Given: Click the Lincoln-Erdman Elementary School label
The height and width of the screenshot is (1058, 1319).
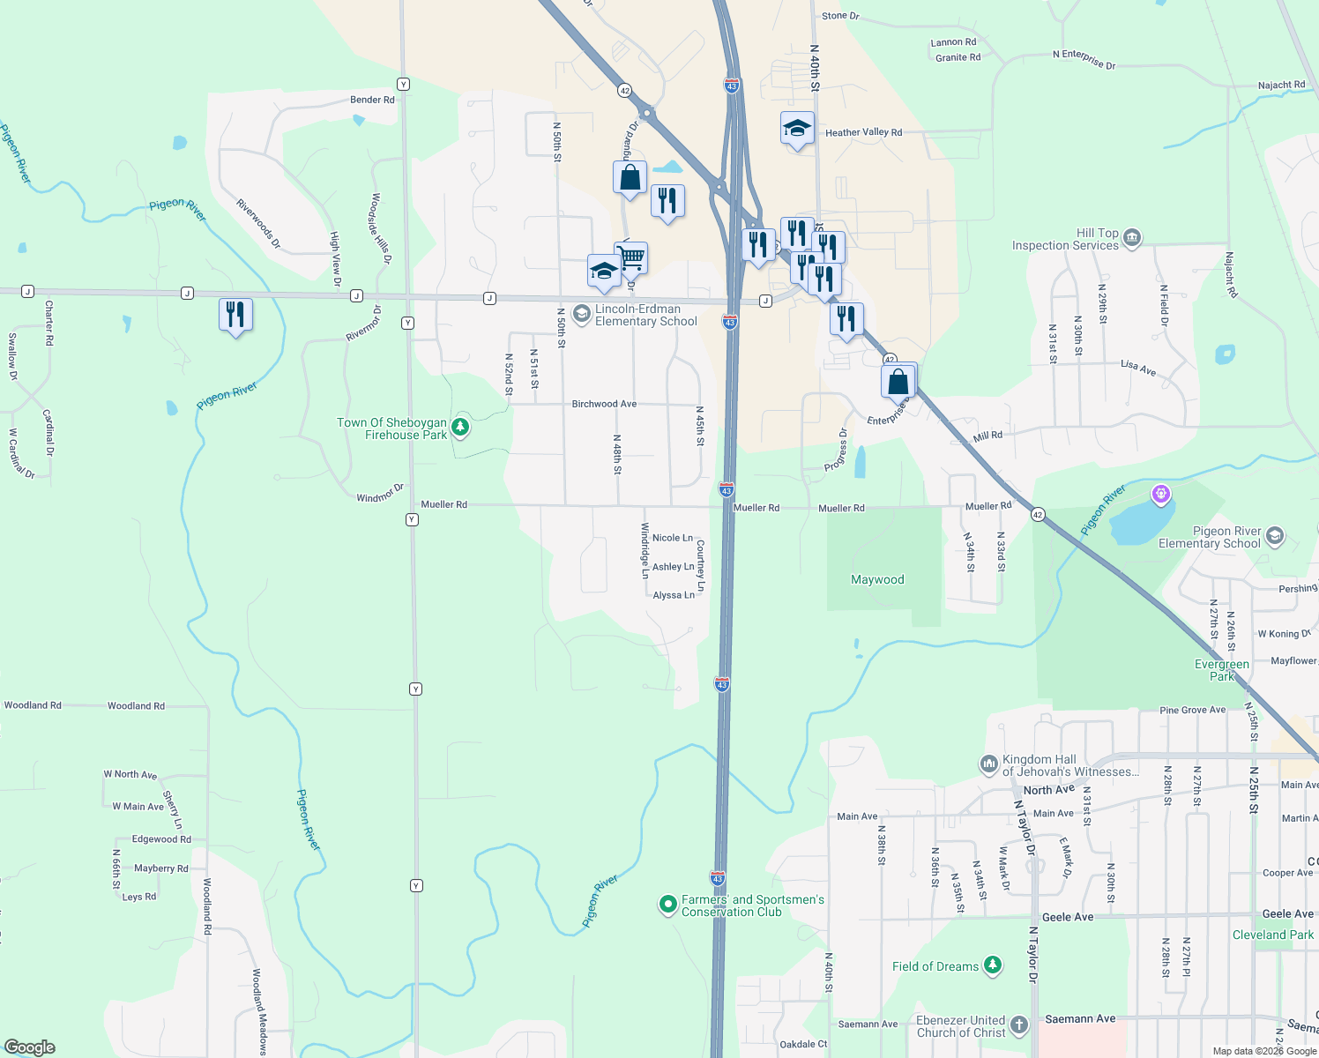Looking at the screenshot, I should click(645, 315).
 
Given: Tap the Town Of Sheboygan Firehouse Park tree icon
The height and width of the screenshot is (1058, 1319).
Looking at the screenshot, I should click(460, 428).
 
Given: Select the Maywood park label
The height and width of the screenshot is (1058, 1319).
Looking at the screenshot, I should click(877, 579).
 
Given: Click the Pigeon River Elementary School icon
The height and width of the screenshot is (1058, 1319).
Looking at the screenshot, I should click(1275, 536).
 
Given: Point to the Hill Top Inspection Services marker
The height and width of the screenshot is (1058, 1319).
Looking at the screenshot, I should click(1132, 237).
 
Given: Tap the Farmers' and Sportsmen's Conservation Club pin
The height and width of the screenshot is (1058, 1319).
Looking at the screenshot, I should click(668, 905).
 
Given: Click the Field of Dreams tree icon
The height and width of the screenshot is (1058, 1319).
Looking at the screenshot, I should click(993, 965).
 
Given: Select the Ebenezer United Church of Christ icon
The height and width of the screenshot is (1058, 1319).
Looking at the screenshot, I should click(1019, 1024).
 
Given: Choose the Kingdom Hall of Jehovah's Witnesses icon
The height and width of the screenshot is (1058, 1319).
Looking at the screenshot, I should click(989, 764).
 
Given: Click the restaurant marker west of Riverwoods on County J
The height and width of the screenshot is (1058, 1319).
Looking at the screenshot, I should click(235, 315).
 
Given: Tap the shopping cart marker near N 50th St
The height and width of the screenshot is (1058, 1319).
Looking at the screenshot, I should click(631, 258).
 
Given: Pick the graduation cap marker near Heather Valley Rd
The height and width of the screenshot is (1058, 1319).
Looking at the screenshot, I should click(797, 129).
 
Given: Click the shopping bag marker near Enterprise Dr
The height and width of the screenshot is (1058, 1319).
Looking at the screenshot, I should click(898, 382).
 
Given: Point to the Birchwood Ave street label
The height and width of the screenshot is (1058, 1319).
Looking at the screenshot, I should click(604, 404).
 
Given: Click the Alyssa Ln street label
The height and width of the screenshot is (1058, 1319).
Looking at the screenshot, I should click(674, 595).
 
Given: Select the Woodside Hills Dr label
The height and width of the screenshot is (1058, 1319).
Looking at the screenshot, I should click(381, 228).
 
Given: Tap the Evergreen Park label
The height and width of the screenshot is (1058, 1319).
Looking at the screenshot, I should click(1222, 670).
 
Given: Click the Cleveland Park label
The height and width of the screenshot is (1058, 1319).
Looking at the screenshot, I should click(1272, 935).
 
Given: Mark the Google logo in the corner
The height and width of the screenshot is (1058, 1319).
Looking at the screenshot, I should click(29, 1047).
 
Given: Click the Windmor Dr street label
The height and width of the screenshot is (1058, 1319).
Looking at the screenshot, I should click(380, 494).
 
